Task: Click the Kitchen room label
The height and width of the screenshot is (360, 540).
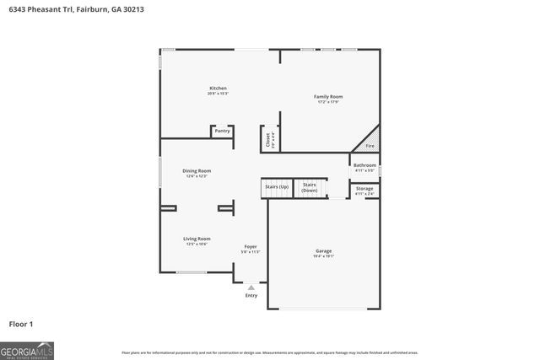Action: (218, 89)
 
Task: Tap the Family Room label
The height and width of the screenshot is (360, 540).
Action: (328, 97)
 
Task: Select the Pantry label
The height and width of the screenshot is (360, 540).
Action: (222, 131)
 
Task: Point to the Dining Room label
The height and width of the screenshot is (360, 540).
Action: (195, 171)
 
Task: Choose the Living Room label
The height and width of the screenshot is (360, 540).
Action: (197, 239)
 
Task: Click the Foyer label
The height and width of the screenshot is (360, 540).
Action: (251, 246)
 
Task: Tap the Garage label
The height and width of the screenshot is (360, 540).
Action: (323, 251)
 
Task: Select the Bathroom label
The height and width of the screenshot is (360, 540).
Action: (364, 165)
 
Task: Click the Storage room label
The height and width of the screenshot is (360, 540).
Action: (364, 188)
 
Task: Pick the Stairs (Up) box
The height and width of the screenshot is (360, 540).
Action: (276, 187)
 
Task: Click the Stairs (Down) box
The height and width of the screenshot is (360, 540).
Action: (310, 187)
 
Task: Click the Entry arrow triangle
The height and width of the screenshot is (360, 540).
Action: (251, 287)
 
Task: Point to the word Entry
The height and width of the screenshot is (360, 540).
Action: (251, 295)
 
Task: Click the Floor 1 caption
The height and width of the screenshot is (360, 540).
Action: (21, 324)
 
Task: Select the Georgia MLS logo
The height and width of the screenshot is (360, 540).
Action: (27, 350)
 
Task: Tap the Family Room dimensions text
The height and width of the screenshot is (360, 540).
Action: (328, 102)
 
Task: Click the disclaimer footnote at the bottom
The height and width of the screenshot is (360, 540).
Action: (270, 352)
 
